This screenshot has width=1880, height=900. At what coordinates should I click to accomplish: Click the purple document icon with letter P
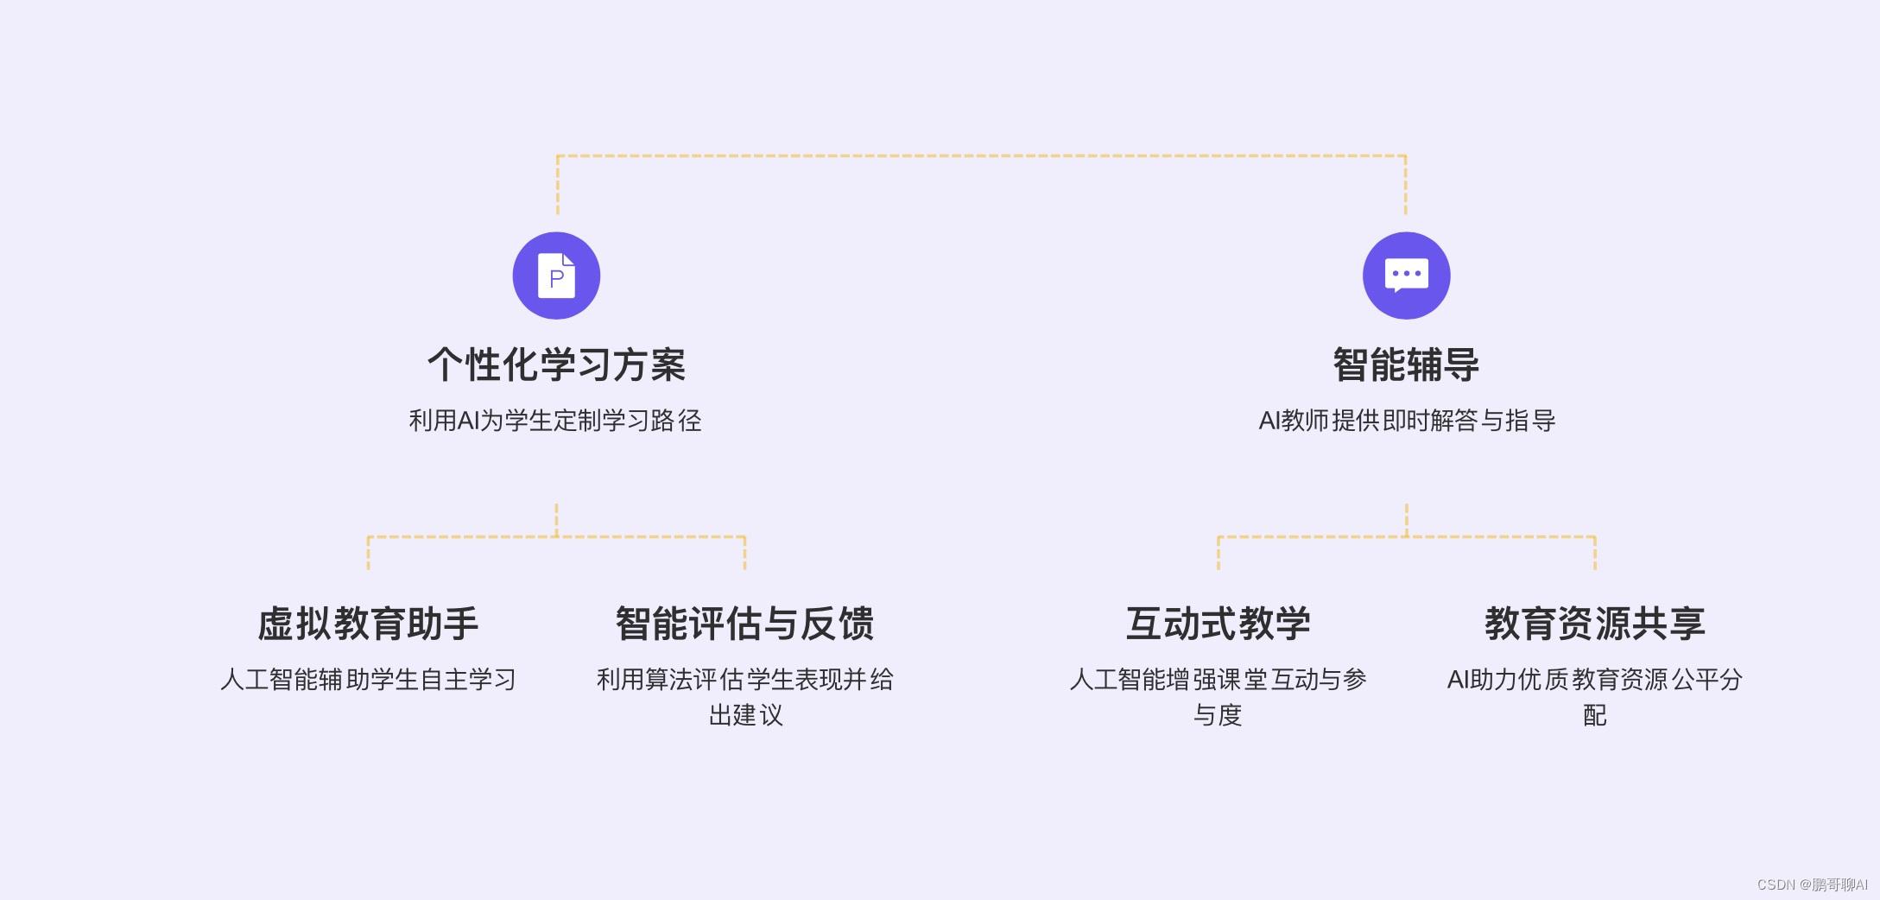point(556,276)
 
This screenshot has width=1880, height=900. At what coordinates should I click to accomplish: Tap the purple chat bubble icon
point(1406,276)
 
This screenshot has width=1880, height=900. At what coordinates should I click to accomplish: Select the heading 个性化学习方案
point(556,364)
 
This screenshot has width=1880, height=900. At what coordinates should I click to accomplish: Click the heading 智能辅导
point(1406,364)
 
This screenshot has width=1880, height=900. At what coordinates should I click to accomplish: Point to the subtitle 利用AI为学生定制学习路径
point(555,421)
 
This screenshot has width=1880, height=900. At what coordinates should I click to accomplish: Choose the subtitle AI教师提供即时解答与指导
point(1407,421)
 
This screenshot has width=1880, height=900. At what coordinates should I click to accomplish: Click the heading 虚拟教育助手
point(368,624)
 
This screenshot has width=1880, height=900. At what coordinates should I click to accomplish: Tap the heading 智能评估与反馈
point(744,624)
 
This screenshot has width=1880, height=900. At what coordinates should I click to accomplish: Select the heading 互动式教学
point(1218,624)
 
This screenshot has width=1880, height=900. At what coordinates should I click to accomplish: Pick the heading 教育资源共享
point(1594,624)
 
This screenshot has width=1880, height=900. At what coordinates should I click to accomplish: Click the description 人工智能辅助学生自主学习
point(368,680)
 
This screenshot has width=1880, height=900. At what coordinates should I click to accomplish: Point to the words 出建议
point(745,715)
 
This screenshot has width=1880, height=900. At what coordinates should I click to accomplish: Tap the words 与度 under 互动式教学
point(1218,715)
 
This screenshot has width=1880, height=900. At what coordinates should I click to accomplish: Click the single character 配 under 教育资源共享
point(1594,715)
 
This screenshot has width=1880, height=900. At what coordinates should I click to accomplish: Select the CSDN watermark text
point(1812,884)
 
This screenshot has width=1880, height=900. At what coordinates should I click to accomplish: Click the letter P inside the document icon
point(557,279)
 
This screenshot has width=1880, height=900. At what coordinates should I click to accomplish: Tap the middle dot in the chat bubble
point(1406,274)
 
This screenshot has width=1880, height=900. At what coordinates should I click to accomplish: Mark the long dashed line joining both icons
point(981,156)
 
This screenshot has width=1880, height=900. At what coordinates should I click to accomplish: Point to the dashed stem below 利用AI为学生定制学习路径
point(556,518)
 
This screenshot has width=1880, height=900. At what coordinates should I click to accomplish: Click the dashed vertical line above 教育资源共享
point(1595,553)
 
